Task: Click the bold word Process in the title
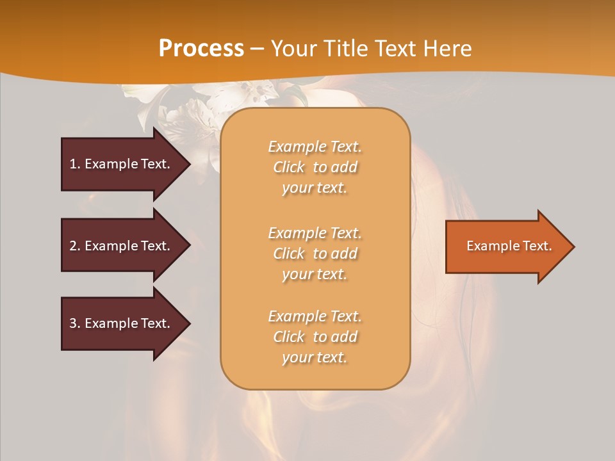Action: pyautogui.click(x=201, y=49)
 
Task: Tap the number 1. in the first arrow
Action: pyautogui.click(x=75, y=164)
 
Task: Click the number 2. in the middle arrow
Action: pyautogui.click(x=75, y=246)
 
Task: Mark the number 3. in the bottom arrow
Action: pyautogui.click(x=75, y=323)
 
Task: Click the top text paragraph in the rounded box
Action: pyautogui.click(x=315, y=167)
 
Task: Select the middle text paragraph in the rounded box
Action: pyautogui.click(x=315, y=254)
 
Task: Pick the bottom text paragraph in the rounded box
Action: pyautogui.click(x=315, y=337)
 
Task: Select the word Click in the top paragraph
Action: pyautogui.click(x=289, y=167)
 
